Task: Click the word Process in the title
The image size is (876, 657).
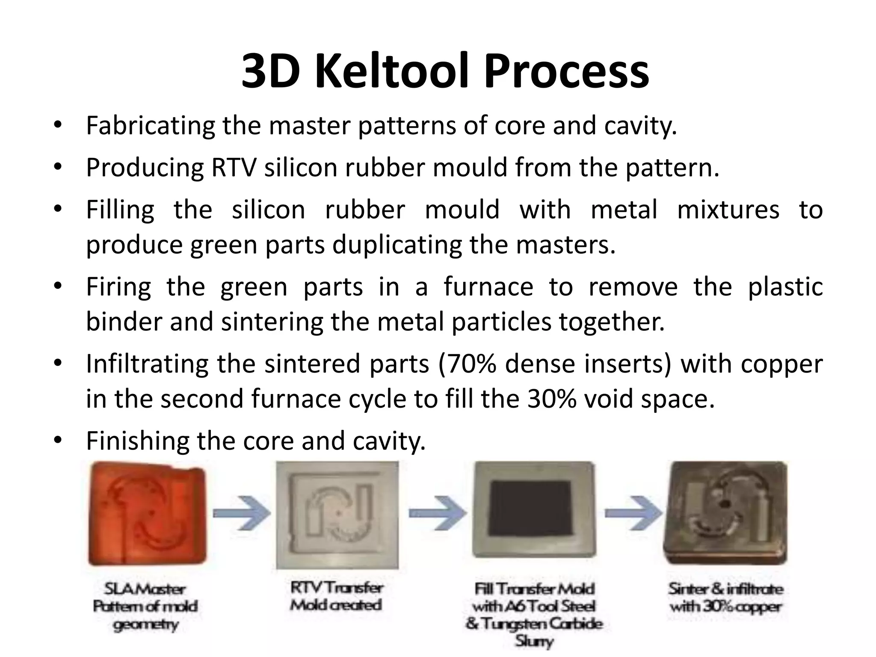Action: tap(566, 71)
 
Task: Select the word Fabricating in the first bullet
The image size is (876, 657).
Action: tap(150, 126)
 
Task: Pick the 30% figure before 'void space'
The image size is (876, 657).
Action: tap(552, 399)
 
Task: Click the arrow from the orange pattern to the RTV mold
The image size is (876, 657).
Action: tap(242, 513)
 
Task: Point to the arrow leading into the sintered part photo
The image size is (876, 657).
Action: tap(633, 513)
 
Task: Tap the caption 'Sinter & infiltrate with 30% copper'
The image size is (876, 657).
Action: tap(726, 598)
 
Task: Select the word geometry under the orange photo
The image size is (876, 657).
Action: tap(145, 624)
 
